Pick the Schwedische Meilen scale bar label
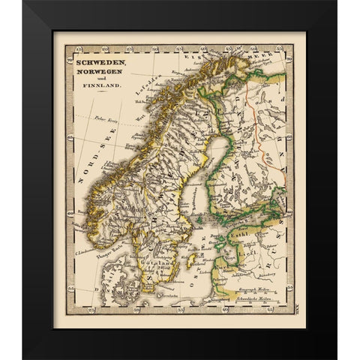pyautogui.click(x=247, y=298)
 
